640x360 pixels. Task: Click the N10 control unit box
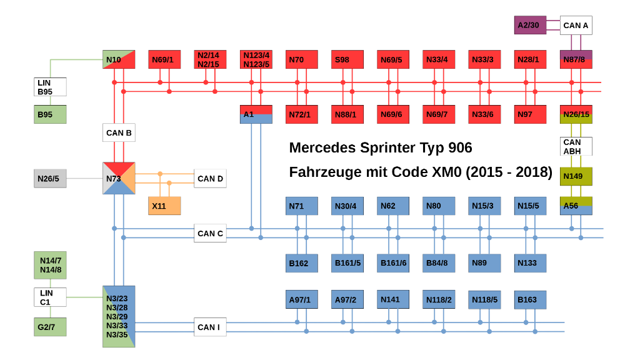click(x=119, y=59)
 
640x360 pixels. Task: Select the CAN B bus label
click(x=119, y=132)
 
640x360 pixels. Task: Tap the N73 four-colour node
click(x=119, y=178)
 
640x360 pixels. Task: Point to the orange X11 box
click(x=164, y=206)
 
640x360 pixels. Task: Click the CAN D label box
click(x=210, y=179)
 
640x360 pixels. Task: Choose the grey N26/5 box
click(x=50, y=179)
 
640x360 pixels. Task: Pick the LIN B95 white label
click(x=50, y=87)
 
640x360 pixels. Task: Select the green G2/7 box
click(x=50, y=327)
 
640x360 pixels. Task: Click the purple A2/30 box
click(x=530, y=26)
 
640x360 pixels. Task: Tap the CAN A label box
click(x=576, y=26)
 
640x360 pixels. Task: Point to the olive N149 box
click(x=576, y=176)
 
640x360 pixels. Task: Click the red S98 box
click(x=347, y=59)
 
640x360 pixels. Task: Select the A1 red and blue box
click(x=256, y=114)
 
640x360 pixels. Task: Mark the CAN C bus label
click(x=210, y=234)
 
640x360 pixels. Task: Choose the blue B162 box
click(x=302, y=263)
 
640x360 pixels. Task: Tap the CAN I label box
click(x=210, y=327)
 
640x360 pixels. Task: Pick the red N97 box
click(x=530, y=114)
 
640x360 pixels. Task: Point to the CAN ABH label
click(x=576, y=146)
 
